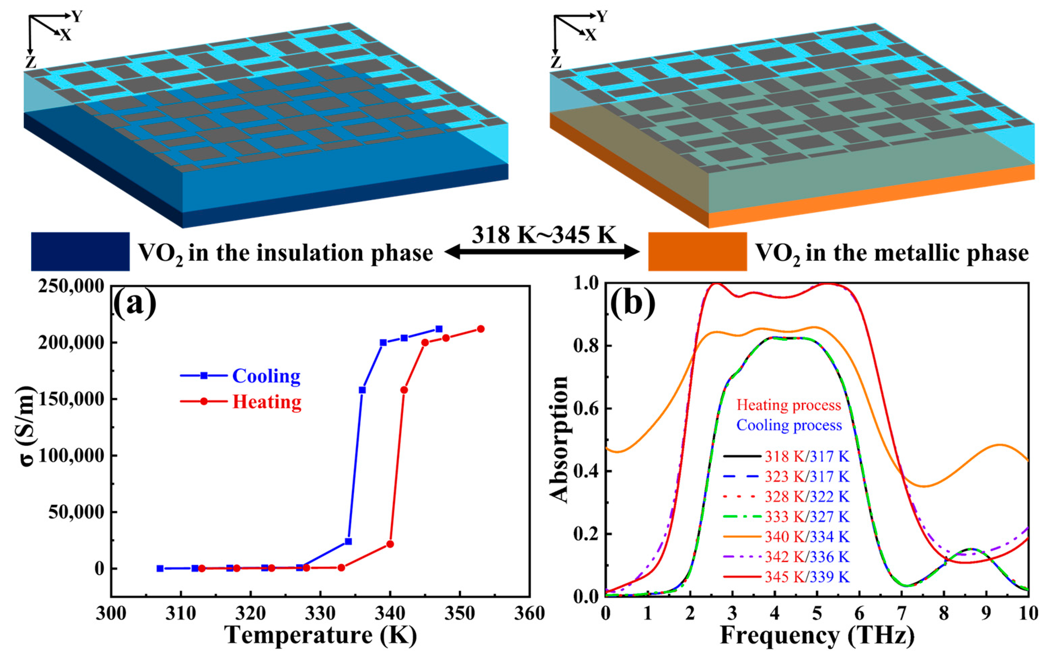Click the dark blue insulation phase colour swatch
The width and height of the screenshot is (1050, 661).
[80, 251]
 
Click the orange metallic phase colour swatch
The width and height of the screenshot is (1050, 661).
[697, 251]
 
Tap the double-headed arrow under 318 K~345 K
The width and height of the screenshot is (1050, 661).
[542, 252]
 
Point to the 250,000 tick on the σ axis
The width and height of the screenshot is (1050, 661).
[72, 287]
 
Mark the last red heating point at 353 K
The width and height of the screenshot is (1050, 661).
[480, 329]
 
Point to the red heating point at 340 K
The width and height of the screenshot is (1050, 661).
[390, 544]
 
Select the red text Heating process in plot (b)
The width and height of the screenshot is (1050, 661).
[789, 405]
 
